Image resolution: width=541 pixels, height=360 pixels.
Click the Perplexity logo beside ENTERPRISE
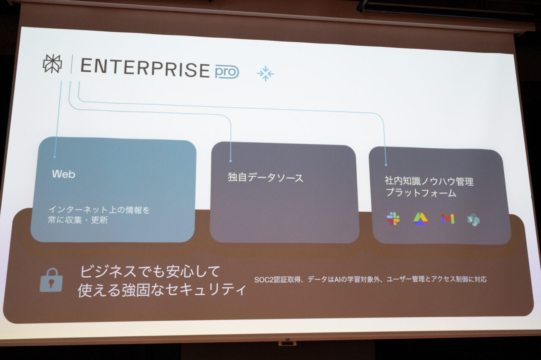coord(52,63)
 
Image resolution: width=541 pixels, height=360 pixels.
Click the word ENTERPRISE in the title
coord(145,68)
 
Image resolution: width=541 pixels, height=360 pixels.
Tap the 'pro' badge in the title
coord(227,72)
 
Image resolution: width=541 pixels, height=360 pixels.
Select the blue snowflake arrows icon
coord(265,74)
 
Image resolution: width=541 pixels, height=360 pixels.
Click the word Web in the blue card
coord(63,174)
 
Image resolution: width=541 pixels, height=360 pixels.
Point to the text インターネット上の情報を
coord(99,210)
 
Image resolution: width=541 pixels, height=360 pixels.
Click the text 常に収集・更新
coord(78,220)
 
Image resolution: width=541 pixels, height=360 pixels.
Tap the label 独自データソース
coord(265,178)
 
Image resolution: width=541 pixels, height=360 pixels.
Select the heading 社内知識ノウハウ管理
coord(429,181)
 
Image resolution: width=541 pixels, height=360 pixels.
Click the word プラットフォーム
coord(421,193)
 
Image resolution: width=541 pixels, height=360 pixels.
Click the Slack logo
coord(393,218)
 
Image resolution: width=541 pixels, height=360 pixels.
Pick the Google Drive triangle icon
coord(421,219)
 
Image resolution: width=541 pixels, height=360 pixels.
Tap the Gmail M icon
coord(448,219)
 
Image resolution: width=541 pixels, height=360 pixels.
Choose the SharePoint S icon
coord(473,220)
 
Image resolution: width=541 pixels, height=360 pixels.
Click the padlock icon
coord(51,280)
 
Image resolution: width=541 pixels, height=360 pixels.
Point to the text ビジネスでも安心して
coord(150,271)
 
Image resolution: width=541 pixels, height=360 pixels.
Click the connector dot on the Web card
coord(55,157)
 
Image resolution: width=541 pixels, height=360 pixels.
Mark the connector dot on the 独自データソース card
coord(231,161)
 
